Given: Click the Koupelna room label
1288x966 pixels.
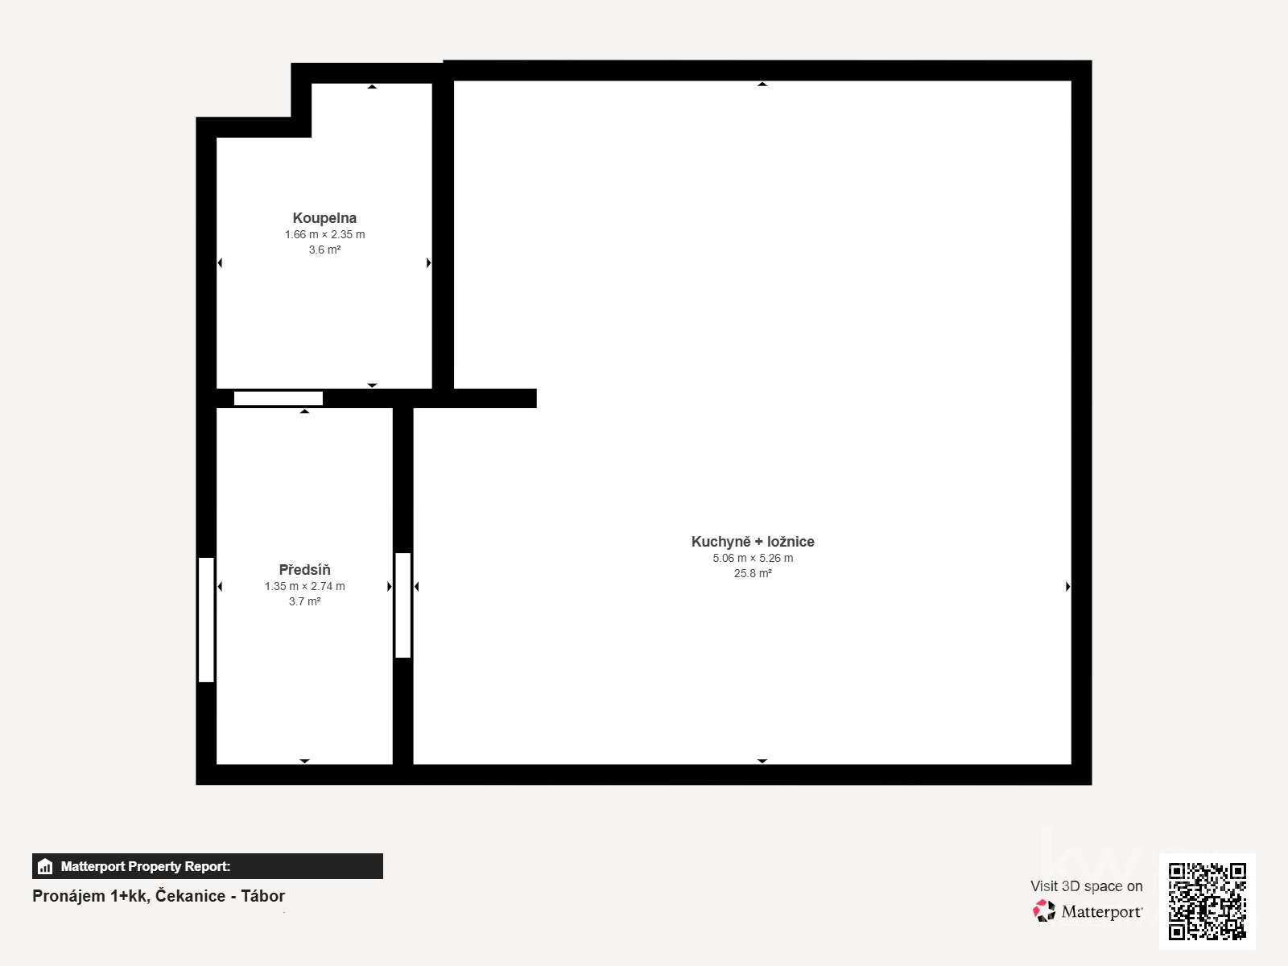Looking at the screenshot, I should [324, 218].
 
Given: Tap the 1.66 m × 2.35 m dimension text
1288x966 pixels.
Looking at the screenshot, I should [324, 235].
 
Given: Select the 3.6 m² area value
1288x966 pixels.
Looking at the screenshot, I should [324, 250].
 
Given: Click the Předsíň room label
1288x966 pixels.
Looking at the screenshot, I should [304, 570].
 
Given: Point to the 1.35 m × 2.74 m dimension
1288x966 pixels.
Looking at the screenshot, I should [304, 587].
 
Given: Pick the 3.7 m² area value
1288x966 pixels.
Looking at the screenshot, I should [304, 602].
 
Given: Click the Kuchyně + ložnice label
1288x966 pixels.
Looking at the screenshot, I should [753, 542].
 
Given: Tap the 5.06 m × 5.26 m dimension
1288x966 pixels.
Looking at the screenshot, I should [753, 559].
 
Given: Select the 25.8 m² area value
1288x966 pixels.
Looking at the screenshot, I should [753, 574].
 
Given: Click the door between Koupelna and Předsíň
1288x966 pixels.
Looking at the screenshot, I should [279, 398].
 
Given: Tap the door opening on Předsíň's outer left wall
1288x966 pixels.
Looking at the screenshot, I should [206, 620].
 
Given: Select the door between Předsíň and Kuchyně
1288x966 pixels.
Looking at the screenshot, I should [402, 605].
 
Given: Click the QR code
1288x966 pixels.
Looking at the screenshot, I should [1207, 901].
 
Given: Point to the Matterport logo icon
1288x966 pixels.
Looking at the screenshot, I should [1044, 911].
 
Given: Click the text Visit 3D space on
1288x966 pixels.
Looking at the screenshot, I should [1086, 886].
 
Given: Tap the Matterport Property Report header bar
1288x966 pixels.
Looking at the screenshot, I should [208, 866].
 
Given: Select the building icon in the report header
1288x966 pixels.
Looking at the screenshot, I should [45, 867].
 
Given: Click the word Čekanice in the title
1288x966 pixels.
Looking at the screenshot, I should [190, 896].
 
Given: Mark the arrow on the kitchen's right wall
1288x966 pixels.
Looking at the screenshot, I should [1067, 587].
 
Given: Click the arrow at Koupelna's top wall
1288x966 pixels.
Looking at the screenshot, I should [372, 86].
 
